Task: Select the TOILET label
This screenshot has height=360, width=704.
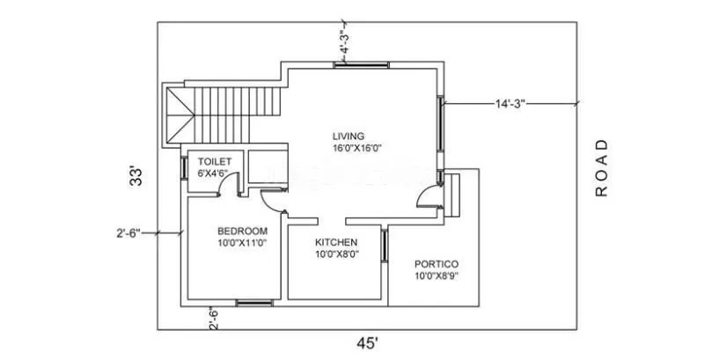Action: [214, 162]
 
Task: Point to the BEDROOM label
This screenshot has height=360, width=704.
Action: [242, 231]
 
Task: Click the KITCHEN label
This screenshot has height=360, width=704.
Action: [336, 242]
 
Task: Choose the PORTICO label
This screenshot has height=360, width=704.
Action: [437, 264]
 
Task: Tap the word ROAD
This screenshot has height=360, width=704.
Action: [602, 167]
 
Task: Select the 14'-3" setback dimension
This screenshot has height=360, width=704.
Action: [510, 104]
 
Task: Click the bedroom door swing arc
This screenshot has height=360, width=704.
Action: [275, 202]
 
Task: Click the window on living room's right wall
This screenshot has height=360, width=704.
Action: [439, 124]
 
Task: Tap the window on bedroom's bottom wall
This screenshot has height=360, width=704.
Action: [253, 304]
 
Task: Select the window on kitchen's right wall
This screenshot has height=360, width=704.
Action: [385, 246]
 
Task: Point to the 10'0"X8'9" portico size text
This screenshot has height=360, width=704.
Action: [437, 276]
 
